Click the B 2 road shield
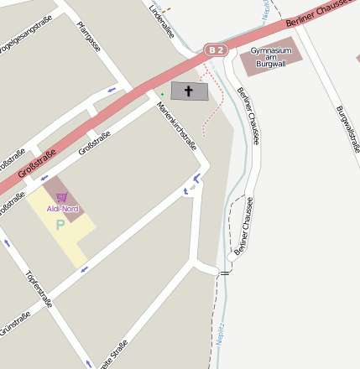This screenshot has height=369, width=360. pyautogui.click(x=217, y=50)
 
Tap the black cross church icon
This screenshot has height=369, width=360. pyautogui.click(x=188, y=91)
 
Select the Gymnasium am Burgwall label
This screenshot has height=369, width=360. pyautogui.click(x=271, y=55)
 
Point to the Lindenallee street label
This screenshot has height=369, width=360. pyautogui.click(x=161, y=22)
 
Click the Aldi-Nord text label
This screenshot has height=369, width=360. pyautogui.click(x=62, y=207)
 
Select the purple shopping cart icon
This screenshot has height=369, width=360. pyautogui.click(x=62, y=197)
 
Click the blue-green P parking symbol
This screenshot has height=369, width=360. pyautogui.click(x=60, y=225)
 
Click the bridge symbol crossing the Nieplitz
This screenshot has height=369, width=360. pyautogui.click(x=224, y=273)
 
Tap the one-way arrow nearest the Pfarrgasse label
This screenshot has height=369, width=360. pyautogui.click(x=112, y=88)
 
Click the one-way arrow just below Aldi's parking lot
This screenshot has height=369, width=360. pyautogui.click(x=84, y=269)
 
